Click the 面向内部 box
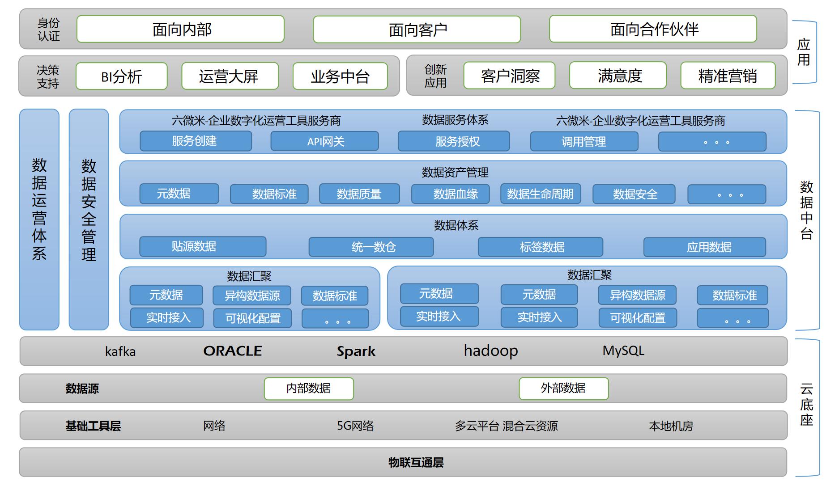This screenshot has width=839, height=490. tap(180, 30)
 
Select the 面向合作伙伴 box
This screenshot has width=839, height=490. tap(653, 30)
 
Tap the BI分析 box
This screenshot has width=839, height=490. tap(121, 76)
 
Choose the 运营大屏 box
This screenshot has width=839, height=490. tap(230, 76)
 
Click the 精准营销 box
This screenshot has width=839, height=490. tap(728, 76)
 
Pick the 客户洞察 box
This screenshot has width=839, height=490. tap(509, 76)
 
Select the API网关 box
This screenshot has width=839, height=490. tap(325, 142)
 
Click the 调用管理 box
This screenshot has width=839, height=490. tap(584, 142)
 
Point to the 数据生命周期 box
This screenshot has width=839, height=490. tap(540, 194)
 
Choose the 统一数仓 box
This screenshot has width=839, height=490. tap(371, 247)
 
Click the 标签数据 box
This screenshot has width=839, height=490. tap(541, 247)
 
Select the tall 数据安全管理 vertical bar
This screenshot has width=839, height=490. tap(89, 219)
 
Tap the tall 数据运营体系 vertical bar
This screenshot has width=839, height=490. tap(39, 219)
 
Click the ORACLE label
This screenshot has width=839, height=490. tap(233, 351)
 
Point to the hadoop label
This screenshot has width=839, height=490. tap(491, 351)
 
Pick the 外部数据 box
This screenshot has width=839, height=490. tap(563, 388)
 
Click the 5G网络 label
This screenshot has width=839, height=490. tap(355, 426)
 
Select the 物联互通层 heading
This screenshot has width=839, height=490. tap(416, 462)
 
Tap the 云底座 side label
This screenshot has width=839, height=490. tap(806, 405)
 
